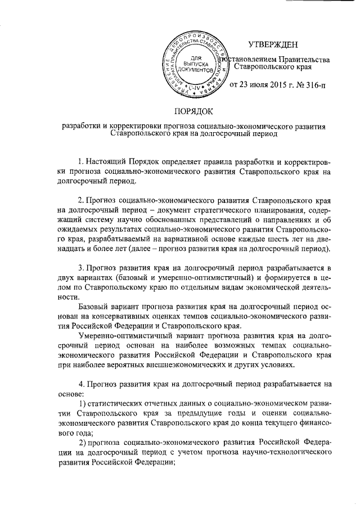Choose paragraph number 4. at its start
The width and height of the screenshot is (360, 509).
tap(82, 383)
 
